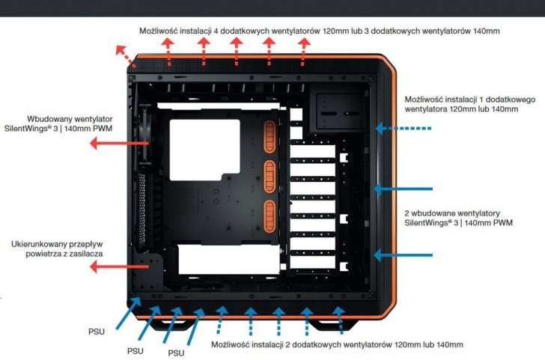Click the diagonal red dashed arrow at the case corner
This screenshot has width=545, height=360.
click(x=123, y=55)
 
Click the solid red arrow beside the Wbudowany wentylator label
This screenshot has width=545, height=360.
click(x=108, y=142)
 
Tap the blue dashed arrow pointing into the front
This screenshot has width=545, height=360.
click(x=404, y=129)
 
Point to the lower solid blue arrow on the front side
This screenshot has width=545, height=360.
click(x=404, y=255)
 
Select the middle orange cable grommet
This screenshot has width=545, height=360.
click(x=270, y=174)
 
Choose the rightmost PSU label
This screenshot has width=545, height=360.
click(x=175, y=353)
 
